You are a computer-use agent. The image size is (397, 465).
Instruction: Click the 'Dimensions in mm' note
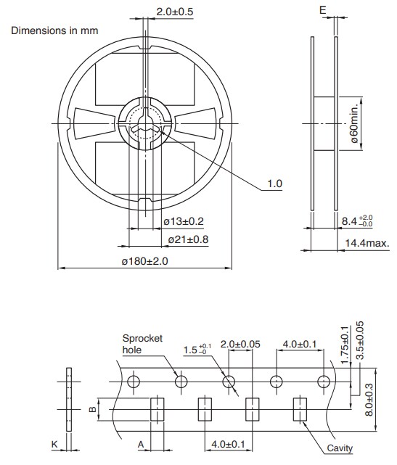54,30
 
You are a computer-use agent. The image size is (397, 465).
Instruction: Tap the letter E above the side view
322,11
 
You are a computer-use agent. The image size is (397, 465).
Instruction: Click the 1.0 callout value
274,184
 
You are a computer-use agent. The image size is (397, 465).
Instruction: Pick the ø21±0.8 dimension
188,239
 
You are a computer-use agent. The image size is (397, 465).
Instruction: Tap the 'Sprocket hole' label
142,344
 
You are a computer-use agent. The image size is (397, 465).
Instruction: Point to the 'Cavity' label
339,448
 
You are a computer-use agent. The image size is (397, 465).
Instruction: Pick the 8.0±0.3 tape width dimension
370,398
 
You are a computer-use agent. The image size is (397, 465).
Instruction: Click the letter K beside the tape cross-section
54,443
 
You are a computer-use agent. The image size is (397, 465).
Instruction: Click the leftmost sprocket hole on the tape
133,382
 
